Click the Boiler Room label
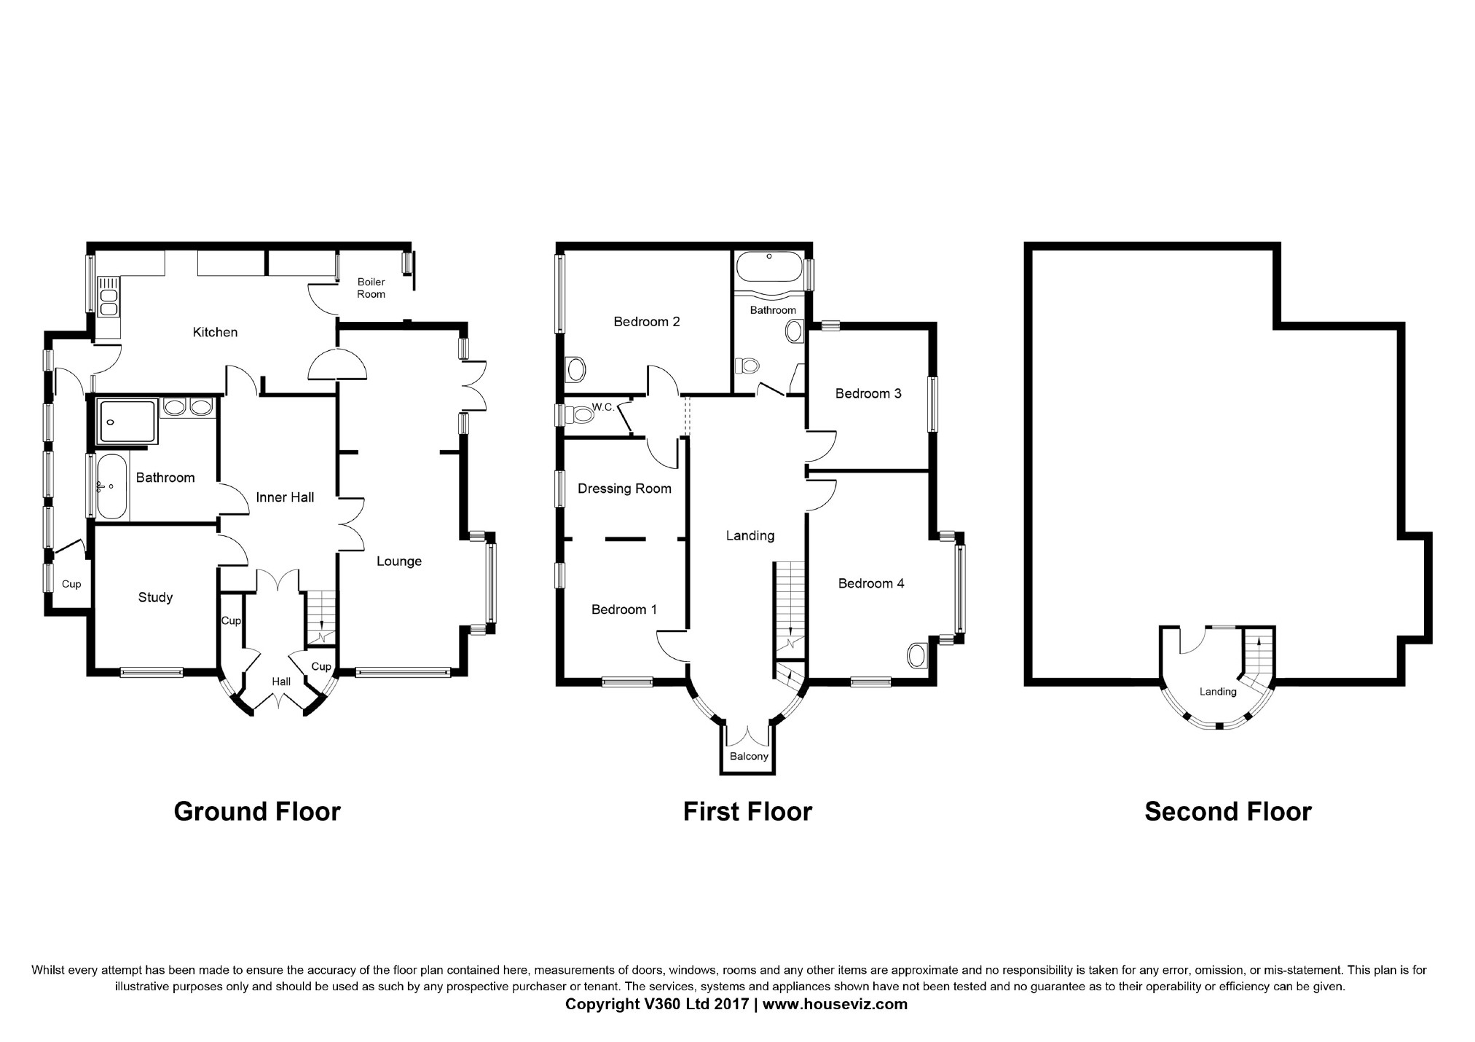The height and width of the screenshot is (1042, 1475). coord(371,288)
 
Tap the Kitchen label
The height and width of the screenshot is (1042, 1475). coord(215,332)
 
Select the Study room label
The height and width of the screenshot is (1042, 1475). coord(155,597)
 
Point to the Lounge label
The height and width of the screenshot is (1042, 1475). coord(398,561)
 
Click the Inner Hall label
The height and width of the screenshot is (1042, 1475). coord(285,497)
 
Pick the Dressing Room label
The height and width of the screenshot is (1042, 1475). coord(624,488)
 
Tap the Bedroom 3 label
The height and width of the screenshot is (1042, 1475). coord(868,393)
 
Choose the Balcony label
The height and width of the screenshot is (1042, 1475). coord(749,756)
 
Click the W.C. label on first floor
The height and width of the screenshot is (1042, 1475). coord(603,407)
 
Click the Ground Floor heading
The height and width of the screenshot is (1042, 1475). coord(257,811)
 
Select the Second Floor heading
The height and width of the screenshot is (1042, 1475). coord(1227,811)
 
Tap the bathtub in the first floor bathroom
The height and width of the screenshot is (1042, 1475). coord(768,267)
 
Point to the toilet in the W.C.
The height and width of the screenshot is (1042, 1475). coord(582,415)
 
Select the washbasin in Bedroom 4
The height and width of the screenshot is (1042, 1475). coord(916,655)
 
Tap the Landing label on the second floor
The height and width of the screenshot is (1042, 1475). coord(1217,691)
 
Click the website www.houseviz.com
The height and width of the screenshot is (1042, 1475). coord(835,1004)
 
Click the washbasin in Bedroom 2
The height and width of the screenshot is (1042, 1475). coord(575,369)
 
